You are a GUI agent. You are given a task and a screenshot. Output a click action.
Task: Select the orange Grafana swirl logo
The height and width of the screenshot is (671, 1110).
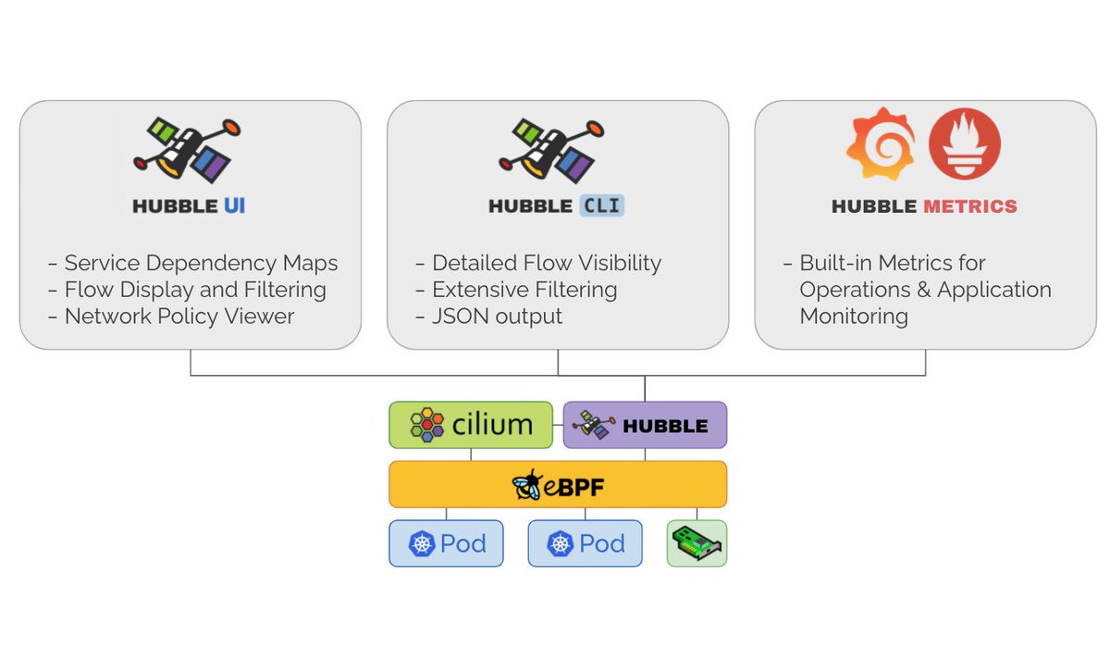[880, 143]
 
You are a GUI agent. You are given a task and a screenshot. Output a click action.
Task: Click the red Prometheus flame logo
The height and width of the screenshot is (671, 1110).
[964, 143]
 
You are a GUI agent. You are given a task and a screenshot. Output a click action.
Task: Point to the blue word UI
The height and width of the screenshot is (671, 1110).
[233, 206]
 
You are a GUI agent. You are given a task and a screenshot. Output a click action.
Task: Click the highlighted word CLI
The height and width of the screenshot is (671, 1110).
[602, 206]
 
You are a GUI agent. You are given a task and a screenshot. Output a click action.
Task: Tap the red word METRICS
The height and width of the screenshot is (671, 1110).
[970, 206]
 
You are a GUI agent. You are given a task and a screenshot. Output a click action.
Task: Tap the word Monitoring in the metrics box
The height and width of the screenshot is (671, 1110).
[853, 317]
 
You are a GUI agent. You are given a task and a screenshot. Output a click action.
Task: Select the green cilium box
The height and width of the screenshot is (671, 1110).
[471, 425]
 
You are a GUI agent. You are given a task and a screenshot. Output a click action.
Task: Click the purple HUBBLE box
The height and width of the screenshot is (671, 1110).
[645, 425]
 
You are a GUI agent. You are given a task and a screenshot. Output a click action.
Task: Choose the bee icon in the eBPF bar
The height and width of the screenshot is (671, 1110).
[528, 484]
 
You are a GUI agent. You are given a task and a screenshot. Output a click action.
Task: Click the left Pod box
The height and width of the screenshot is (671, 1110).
[446, 543]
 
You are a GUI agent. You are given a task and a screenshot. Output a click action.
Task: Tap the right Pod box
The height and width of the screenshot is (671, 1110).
[585, 543]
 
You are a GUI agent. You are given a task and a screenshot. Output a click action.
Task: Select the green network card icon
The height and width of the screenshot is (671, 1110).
[697, 543]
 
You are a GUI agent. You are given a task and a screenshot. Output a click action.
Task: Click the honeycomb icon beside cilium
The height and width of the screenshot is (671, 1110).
[426, 425]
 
